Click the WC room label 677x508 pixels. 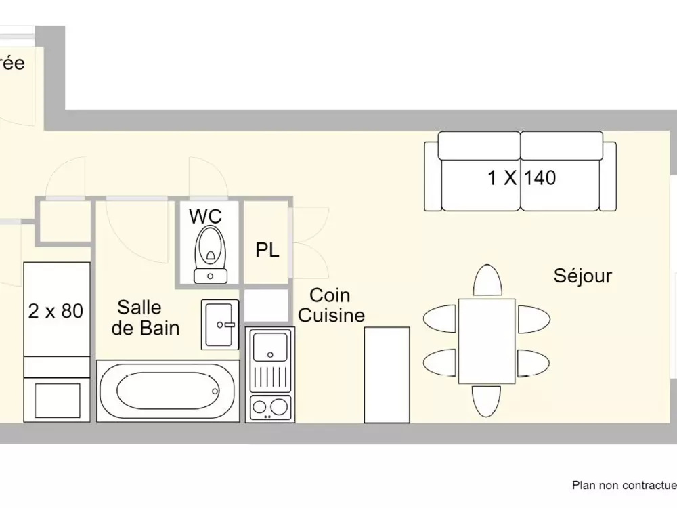[206, 217]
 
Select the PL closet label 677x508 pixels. [267, 251]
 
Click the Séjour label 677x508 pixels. [582, 276]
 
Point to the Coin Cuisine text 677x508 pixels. [331, 305]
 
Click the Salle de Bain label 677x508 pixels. [146, 318]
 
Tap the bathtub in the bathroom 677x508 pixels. [167, 391]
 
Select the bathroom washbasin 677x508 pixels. [220, 325]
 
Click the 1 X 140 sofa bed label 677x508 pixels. [521, 178]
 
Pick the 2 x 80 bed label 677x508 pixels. [56, 311]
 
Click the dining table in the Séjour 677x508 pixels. [486, 341]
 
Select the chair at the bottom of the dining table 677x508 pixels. [486, 402]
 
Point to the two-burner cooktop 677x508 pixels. [270, 407]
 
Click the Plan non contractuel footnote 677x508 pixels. [624, 485]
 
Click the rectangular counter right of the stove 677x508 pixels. [387, 375]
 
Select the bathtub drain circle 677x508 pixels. [215, 391]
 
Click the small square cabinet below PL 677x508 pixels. [265, 305]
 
